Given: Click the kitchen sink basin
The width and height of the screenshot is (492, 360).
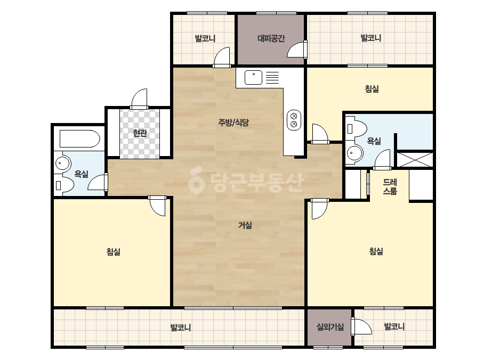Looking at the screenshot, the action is pos(253,77).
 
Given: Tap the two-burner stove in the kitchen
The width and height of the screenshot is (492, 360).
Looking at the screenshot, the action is pos(294,120).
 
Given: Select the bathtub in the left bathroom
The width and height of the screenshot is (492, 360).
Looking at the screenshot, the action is pos(80,138).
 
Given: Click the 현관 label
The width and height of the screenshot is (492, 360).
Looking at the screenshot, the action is pos(140,133).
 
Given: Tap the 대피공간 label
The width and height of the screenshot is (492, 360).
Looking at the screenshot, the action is pos(271,38).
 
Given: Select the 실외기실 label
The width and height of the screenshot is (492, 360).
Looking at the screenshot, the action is pos(330,327).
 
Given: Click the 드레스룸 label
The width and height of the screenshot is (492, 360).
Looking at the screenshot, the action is pos(390,186).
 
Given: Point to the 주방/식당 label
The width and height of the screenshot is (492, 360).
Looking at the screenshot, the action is pos(233,122).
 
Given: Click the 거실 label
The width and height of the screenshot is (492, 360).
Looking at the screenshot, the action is pos(245,225).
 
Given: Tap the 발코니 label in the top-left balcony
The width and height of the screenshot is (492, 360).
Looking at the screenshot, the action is pos(205,38).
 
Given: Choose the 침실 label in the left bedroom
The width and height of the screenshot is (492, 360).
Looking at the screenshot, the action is pos(114,251).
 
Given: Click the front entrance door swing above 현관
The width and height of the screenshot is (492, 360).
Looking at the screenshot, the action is pos(139,99).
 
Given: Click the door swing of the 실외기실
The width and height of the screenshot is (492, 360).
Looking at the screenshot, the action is pos(361,326).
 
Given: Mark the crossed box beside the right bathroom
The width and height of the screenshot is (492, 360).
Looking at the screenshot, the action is pos(415,160).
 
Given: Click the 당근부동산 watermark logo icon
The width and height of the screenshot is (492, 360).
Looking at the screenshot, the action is pos(196,180).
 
